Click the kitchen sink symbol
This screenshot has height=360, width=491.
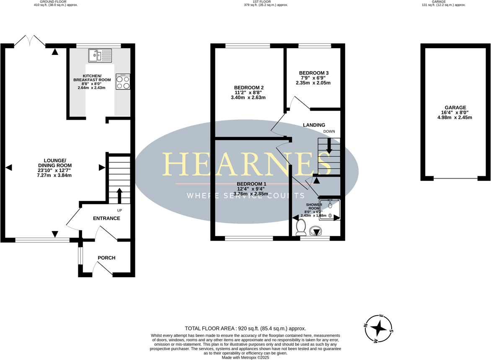[x=101, y=55]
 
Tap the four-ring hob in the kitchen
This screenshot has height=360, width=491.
[x=123, y=82]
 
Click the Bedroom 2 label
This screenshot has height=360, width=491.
[x=248, y=87]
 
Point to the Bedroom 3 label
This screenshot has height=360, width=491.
[x=314, y=73]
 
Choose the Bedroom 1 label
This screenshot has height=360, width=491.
[x=251, y=184]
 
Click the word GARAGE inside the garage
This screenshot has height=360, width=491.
[x=456, y=108]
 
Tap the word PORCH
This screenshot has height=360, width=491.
[x=106, y=258]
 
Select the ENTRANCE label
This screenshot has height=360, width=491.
[x=106, y=218]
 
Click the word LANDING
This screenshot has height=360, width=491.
[x=314, y=125]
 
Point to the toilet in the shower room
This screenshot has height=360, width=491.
[x=301, y=228]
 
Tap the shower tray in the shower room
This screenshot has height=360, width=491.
[x=330, y=210]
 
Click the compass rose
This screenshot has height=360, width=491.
[x=379, y=329]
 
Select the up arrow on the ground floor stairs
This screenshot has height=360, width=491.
[x=119, y=195]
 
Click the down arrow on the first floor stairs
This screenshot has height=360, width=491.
[x=329, y=145]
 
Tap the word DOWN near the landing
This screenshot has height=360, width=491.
[x=329, y=131]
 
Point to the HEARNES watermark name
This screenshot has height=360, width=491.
[x=246, y=164]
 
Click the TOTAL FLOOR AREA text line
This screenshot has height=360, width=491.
[x=245, y=329]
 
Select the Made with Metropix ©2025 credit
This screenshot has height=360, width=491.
[x=245, y=357]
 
